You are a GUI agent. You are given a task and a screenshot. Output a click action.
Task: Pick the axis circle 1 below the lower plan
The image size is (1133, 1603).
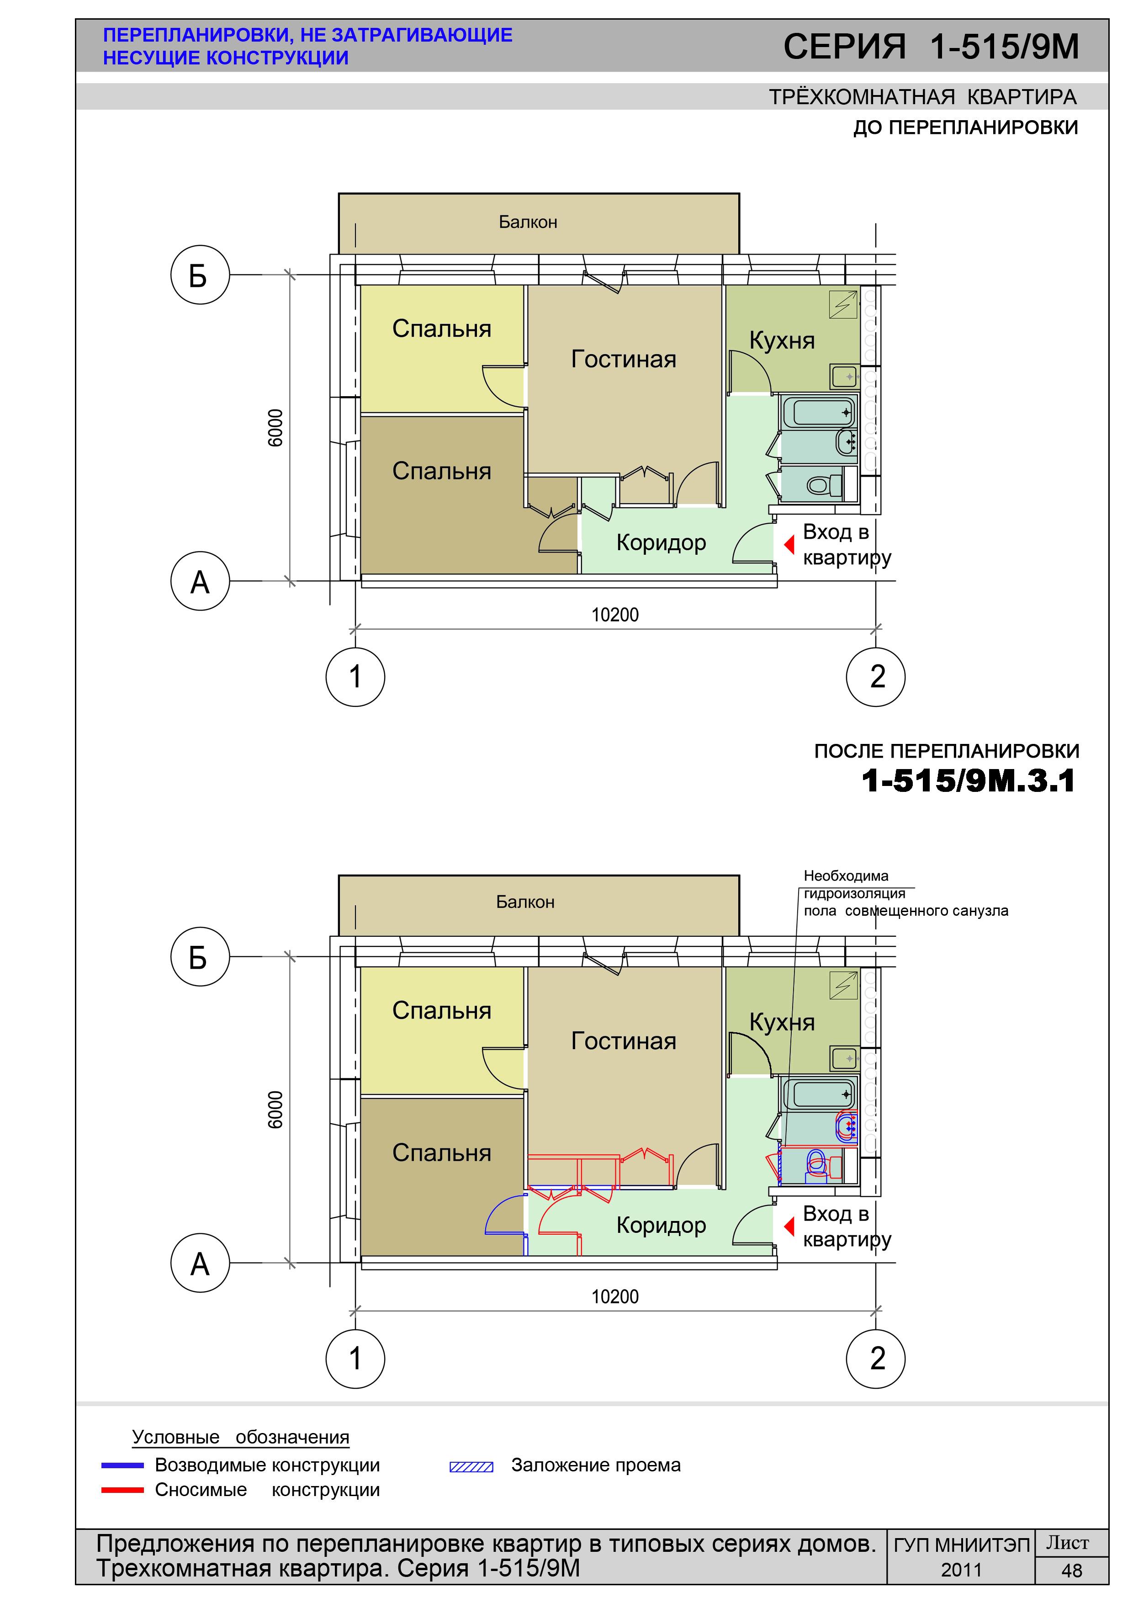[355, 1359]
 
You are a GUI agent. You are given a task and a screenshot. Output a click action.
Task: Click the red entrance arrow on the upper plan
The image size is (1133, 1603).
[789, 544]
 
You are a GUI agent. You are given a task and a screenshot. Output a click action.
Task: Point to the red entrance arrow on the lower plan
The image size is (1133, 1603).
[789, 1226]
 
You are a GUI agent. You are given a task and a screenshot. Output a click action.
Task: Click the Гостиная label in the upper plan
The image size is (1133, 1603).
[624, 359]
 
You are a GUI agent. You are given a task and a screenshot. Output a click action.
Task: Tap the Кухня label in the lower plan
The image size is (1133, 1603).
[782, 1022]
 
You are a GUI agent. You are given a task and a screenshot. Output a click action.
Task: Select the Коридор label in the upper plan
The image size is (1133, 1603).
[661, 542]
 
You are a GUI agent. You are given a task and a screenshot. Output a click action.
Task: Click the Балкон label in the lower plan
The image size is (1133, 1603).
[525, 902]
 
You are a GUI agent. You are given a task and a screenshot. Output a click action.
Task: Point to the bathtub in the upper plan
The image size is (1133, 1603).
[819, 412]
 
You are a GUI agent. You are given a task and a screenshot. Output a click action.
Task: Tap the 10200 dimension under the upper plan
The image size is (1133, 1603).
[615, 615]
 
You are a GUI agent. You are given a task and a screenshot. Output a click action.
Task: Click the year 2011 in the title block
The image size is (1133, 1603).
[961, 1570]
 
